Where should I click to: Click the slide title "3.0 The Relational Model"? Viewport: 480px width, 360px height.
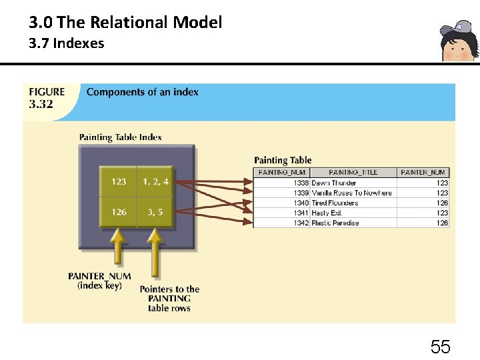pyautogui.click(x=125, y=23)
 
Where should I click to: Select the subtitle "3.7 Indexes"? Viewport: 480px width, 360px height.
pyautogui.click(x=66, y=44)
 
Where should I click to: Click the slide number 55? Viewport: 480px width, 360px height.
pyautogui.click(x=440, y=347)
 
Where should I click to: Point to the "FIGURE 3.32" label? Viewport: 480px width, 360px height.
pyautogui.click(x=47, y=97)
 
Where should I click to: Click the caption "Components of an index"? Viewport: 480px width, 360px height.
pyautogui.click(x=142, y=92)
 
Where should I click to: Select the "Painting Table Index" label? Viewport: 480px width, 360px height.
pyautogui.click(x=120, y=137)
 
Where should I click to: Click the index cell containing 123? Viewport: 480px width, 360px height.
pyautogui.click(x=119, y=181)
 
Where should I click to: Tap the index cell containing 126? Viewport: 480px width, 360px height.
pyautogui.click(x=119, y=212)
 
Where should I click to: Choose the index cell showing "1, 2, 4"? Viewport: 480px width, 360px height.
pyautogui.click(x=155, y=181)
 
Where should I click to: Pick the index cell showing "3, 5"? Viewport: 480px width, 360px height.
pyautogui.click(x=155, y=212)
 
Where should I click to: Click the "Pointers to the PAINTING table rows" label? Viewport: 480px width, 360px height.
pyautogui.click(x=169, y=299)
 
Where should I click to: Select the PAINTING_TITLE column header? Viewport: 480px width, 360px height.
pyautogui.click(x=353, y=172)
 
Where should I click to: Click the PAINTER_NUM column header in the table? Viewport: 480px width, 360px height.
pyautogui.click(x=424, y=172)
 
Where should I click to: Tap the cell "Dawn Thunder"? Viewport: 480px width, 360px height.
pyautogui.click(x=334, y=183)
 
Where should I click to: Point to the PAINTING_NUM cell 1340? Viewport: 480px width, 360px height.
pyautogui.click(x=301, y=203)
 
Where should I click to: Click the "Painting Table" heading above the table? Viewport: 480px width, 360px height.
pyautogui.click(x=283, y=160)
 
